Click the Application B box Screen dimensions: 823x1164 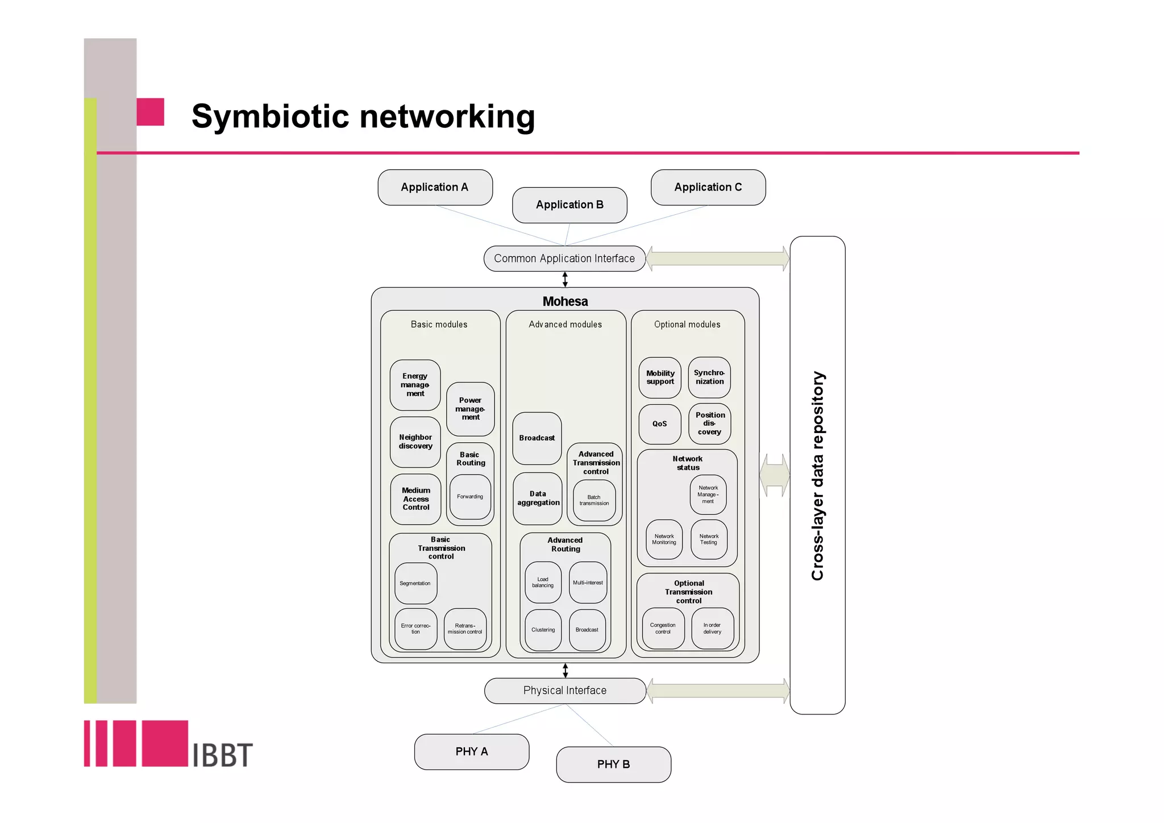569,205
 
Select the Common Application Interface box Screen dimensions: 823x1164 564,259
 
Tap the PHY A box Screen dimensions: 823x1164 472,751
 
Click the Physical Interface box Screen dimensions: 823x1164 565,691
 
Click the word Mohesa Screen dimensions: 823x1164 565,301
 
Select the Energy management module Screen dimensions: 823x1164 415,385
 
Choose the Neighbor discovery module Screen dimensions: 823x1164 415,442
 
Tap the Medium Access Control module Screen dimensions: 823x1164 416,498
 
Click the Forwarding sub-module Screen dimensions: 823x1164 470,497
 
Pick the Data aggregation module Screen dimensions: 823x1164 538,498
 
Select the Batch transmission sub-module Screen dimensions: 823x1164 594,500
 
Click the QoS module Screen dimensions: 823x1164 659,424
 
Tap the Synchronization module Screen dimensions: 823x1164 709,377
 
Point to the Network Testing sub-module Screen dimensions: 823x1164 709,539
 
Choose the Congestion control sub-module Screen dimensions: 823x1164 663,628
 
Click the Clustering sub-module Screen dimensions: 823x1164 543,630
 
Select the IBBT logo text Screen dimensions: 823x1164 222,755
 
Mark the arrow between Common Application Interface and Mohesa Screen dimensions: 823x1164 565,279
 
